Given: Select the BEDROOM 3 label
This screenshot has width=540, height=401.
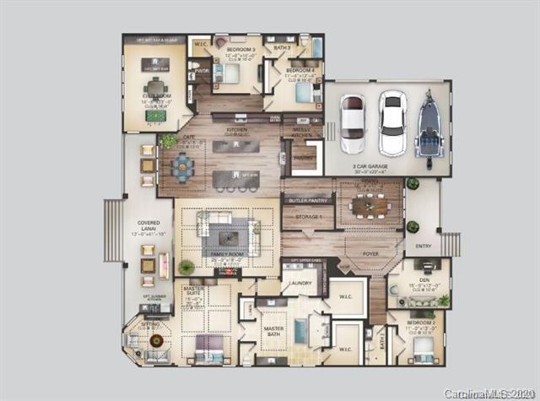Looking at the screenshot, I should coord(230,50).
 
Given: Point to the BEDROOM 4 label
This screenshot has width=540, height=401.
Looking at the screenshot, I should coord(300,71).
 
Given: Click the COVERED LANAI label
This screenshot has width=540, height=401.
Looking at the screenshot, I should coord(148,223).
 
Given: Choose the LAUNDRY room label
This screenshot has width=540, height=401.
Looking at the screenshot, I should coord(301,283).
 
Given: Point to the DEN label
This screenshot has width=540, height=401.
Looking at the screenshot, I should coord(419,280).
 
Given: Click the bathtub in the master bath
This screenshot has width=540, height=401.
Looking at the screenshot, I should coord(301,331).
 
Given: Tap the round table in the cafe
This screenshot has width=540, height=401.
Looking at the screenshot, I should coord(183,166).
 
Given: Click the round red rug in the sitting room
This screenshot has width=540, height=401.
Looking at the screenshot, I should coord(155,340).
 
